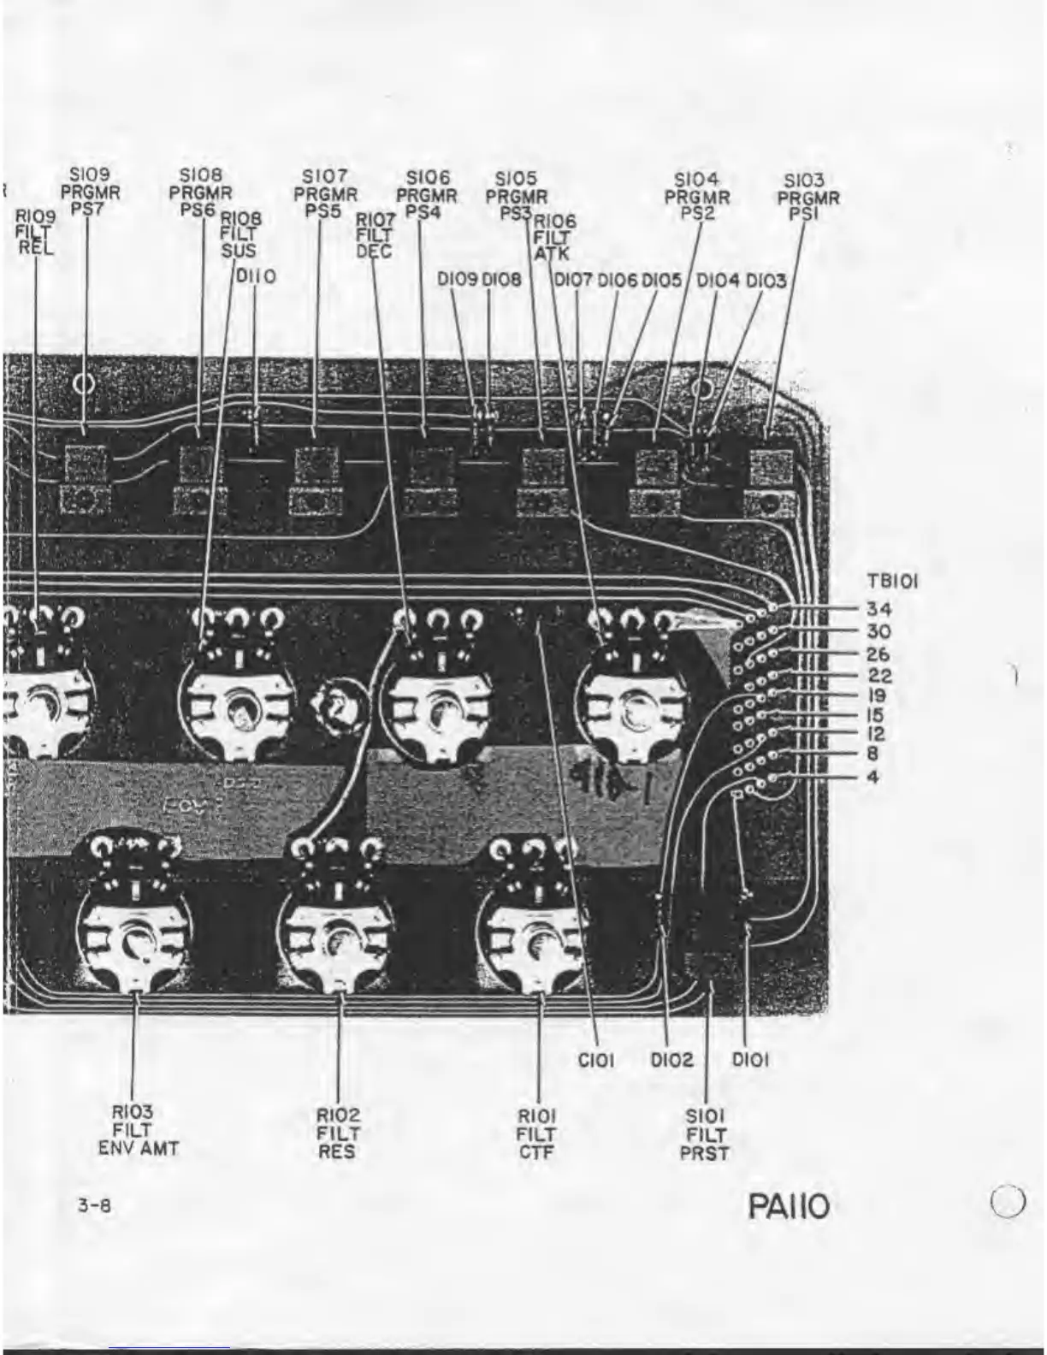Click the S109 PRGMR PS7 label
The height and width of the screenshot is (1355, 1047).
coord(90,192)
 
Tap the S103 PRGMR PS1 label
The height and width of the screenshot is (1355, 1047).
coord(807,197)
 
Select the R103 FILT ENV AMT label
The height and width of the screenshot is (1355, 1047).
coord(137,1130)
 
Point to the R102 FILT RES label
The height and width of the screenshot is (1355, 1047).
coord(339,1133)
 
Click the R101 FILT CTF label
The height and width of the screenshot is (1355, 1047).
coord(537,1133)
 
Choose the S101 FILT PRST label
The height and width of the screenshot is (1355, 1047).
coord(705,1134)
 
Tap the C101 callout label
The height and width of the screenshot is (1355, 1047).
coord(596,1060)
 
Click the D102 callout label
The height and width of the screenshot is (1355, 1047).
coord(671,1060)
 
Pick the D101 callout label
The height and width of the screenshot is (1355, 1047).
coord(750,1060)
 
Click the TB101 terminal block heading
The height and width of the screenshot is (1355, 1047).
coord(892,582)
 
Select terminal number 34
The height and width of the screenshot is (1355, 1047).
coord(878,609)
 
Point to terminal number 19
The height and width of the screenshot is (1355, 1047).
coord(878,695)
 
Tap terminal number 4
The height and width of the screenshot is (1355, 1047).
coord(872,778)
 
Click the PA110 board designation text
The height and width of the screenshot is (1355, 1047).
coord(788,1207)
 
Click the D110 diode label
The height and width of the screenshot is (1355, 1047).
coord(256,277)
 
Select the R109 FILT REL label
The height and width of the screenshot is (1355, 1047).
coord(35,232)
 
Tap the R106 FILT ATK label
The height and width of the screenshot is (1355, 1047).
coord(556,236)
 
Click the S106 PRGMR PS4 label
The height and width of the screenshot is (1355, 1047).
coord(427,193)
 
